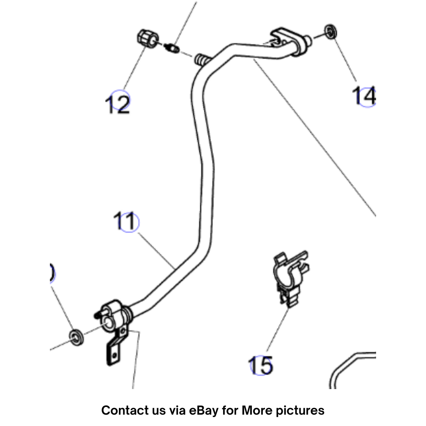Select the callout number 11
tap(125, 222)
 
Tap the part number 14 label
tap(364, 96)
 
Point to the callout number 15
tap(261, 365)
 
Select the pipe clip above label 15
tap(291, 278)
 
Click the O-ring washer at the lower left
tap(75, 337)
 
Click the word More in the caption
tap(254, 410)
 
